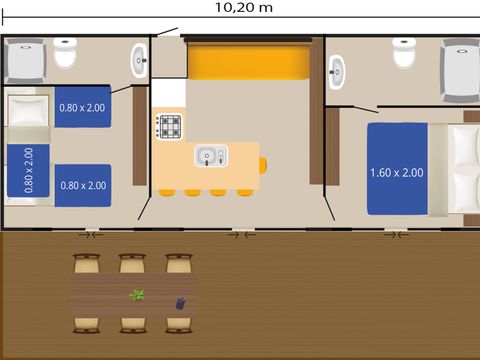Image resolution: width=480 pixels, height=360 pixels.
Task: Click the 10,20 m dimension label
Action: [x=244, y=7]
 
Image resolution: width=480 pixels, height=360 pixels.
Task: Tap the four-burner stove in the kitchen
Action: [x=170, y=127]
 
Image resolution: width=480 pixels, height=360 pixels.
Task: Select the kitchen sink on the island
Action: [x=211, y=155]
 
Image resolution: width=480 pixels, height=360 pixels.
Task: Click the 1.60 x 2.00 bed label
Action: [x=397, y=173]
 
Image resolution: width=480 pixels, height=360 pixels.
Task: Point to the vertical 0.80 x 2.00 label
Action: [x=29, y=170]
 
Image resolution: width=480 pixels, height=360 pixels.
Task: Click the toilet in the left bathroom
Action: [x=65, y=53]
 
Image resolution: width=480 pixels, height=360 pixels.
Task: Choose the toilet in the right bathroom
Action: [x=404, y=53]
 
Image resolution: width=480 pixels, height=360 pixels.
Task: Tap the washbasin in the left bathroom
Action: [x=139, y=61]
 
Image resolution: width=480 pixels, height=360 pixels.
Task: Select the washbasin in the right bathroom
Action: [x=336, y=72]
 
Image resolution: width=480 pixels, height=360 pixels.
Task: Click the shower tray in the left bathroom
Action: [x=25, y=61]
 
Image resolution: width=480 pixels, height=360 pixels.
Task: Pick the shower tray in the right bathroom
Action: [x=460, y=71]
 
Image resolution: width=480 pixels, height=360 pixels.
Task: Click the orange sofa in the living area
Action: [x=248, y=62]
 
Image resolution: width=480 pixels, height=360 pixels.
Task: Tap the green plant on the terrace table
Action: [x=137, y=295]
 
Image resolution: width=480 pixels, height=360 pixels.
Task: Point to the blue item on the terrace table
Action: [x=180, y=304]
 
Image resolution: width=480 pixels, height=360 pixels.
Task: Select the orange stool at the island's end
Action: [x=263, y=166]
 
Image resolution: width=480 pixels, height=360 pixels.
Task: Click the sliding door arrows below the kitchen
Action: [x=242, y=235]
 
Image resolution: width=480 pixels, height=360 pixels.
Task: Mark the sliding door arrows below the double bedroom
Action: [x=396, y=235]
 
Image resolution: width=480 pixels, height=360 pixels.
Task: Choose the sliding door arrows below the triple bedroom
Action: [x=91, y=235]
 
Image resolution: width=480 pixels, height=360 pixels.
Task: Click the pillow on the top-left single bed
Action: [x=28, y=110]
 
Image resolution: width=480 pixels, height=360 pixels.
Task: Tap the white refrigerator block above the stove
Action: [x=169, y=93]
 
